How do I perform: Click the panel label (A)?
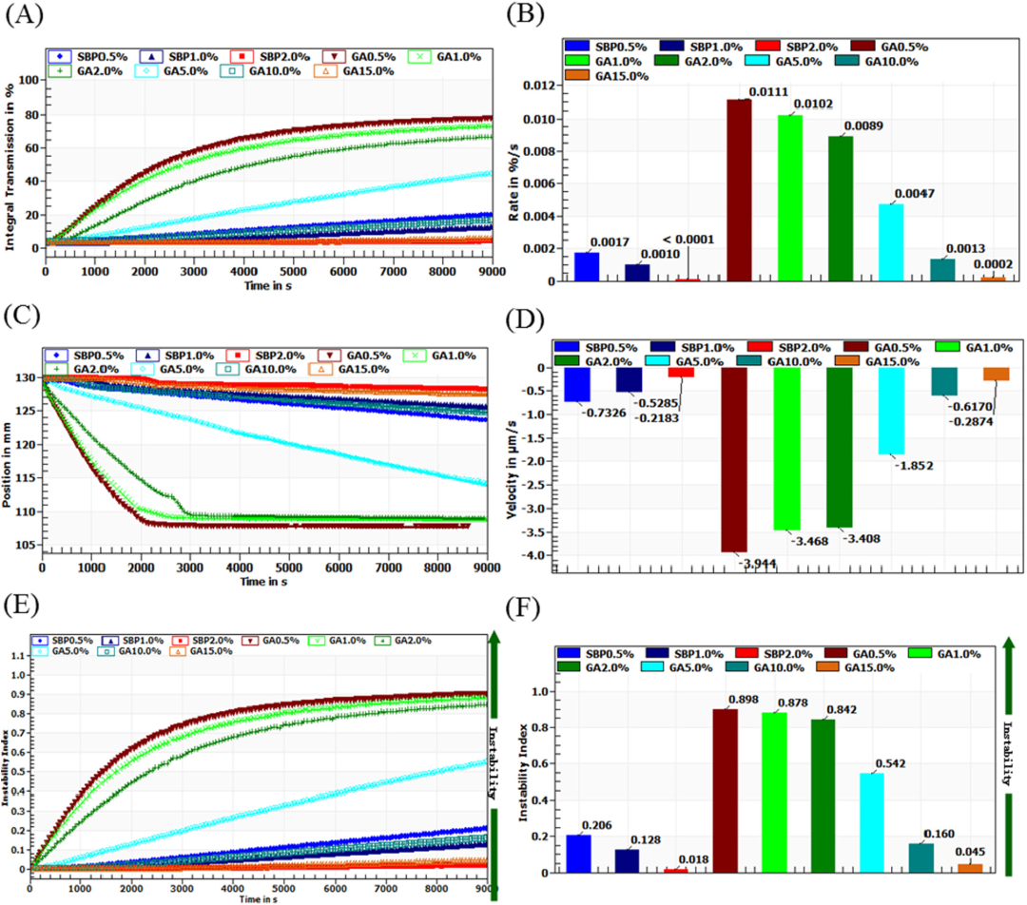tap(23, 16)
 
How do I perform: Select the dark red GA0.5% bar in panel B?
tap(739, 190)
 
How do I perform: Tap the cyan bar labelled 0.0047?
tap(891, 242)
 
